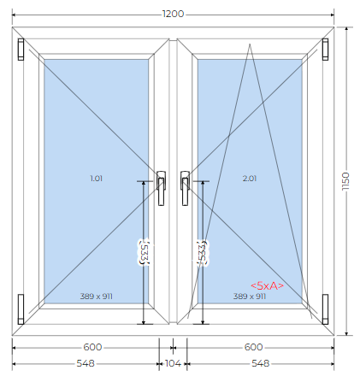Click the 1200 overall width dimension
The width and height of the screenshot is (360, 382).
pyautogui.click(x=173, y=14)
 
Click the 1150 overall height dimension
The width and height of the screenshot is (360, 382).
pyautogui.click(x=345, y=181)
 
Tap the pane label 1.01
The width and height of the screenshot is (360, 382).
pyautogui.click(x=96, y=179)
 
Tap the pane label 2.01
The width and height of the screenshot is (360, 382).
pyautogui.click(x=250, y=179)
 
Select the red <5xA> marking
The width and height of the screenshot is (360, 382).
pyautogui.click(x=267, y=285)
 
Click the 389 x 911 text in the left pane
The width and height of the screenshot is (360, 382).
pyautogui.click(x=96, y=297)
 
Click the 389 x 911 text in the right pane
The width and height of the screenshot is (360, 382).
pyautogui.click(x=250, y=297)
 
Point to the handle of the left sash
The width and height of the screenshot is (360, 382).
pyautogui.click(x=162, y=188)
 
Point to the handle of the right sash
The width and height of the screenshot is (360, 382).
pyautogui.click(x=185, y=188)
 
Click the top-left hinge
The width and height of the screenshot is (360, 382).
pyautogui.click(x=21, y=50)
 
